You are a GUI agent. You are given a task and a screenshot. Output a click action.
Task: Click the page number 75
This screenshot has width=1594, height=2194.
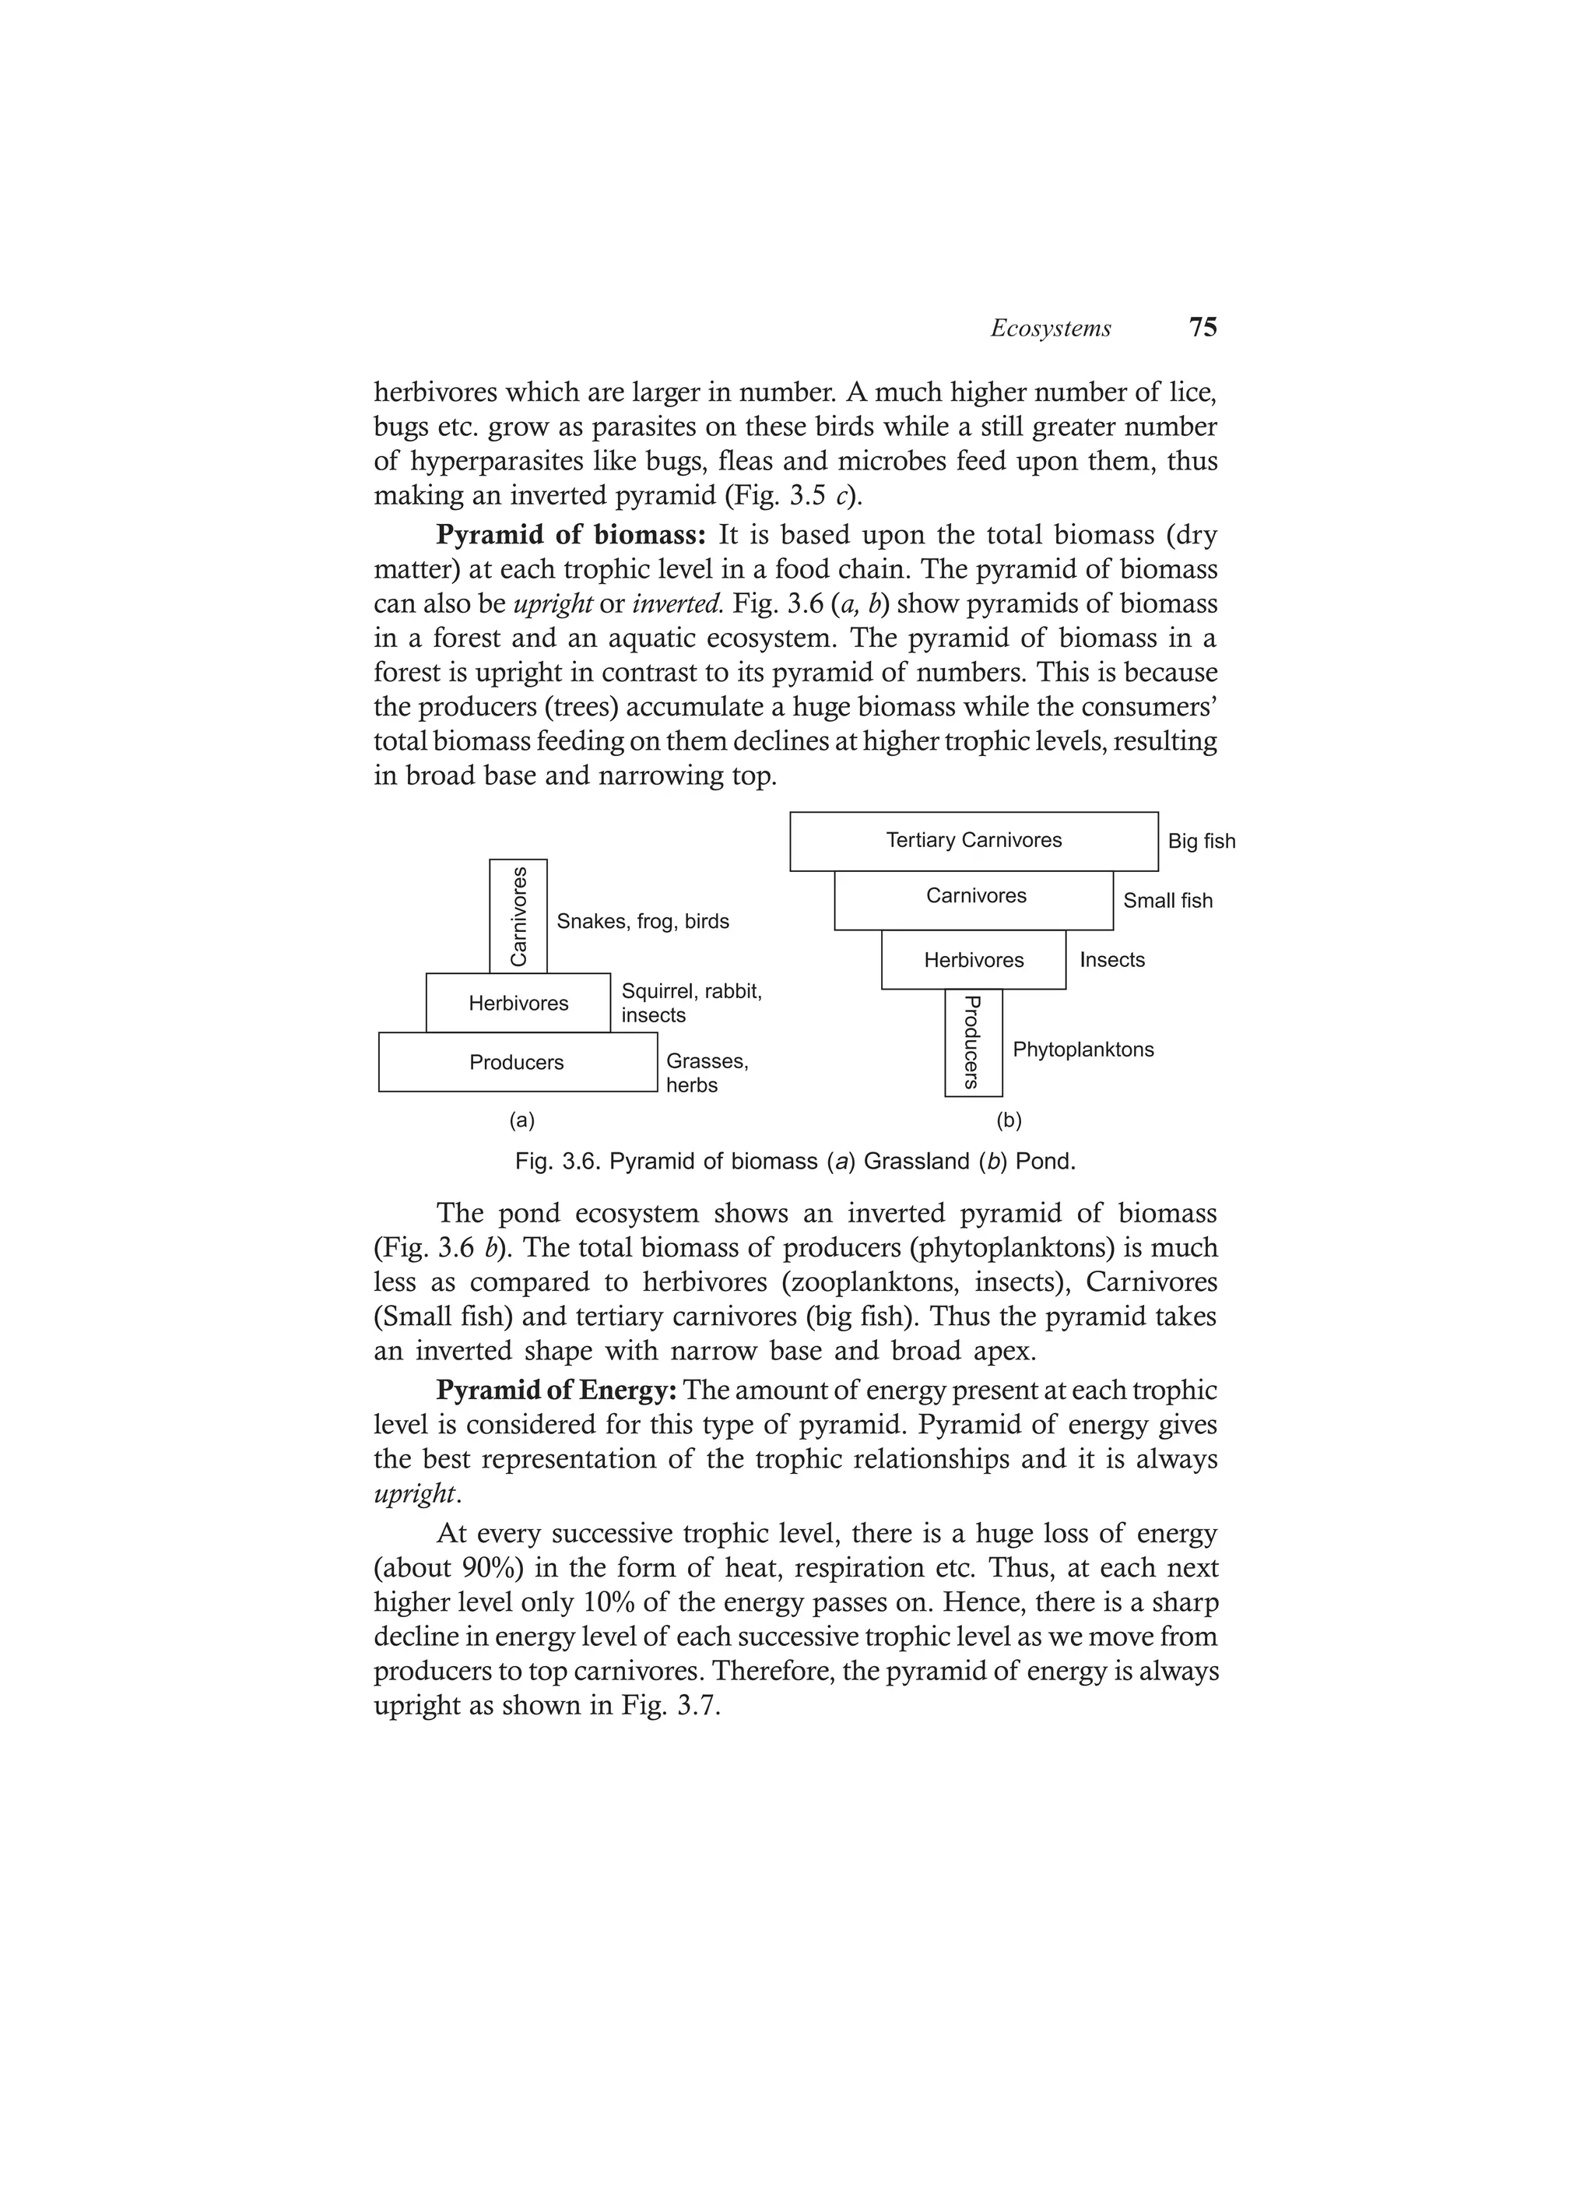(x=1203, y=327)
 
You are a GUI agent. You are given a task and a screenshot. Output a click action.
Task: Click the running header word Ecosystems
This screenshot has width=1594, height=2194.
(x=1051, y=329)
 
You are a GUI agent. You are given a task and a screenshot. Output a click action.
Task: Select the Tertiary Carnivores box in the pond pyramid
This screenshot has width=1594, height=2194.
(x=973, y=841)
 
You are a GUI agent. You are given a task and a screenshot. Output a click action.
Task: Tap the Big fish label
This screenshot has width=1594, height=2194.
(x=1201, y=842)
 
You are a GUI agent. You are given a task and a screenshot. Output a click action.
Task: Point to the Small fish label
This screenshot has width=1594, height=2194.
(x=1167, y=901)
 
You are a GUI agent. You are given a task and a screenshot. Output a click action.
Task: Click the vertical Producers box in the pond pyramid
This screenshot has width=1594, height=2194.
(x=973, y=1043)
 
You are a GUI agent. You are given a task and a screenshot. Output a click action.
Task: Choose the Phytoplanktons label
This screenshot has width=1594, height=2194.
(x=1083, y=1050)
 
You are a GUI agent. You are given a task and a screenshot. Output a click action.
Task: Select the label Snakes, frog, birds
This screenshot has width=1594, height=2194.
(x=642, y=922)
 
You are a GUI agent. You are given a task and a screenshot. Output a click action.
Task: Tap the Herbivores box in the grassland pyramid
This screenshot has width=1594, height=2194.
(x=518, y=1003)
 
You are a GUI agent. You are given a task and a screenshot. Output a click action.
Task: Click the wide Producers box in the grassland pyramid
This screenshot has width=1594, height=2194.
(x=517, y=1062)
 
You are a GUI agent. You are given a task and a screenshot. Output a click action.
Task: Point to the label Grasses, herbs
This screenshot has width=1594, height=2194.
(x=706, y=1073)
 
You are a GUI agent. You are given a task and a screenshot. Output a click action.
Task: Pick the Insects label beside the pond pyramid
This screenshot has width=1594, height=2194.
(x=1111, y=960)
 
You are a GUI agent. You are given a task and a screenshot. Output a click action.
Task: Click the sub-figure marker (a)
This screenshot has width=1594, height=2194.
(x=521, y=1120)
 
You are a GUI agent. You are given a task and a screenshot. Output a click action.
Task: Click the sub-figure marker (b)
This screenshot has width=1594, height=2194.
(x=1009, y=1120)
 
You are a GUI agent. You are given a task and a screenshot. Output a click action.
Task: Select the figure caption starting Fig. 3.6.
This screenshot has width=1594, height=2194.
(x=795, y=1161)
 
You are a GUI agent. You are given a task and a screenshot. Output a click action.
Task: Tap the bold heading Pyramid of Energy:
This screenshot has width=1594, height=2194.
(x=555, y=1390)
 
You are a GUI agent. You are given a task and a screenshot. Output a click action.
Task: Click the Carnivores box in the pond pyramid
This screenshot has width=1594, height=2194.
(x=975, y=897)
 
